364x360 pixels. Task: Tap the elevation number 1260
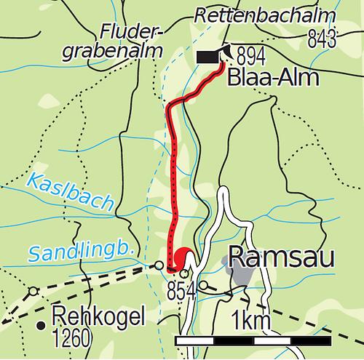click(71, 338)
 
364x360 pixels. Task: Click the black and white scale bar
click(253, 340)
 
